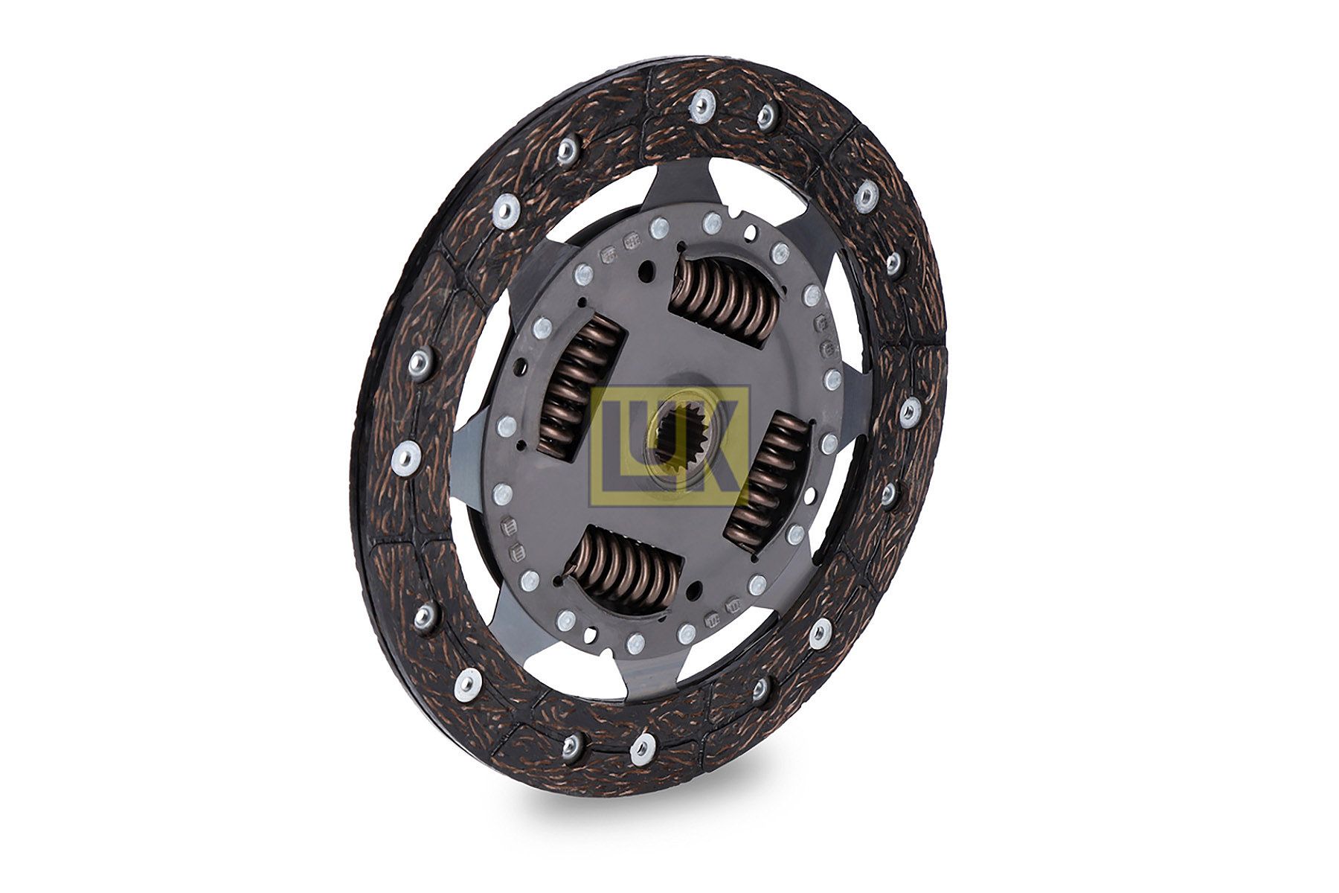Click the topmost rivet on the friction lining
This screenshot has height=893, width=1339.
point(700,106)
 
